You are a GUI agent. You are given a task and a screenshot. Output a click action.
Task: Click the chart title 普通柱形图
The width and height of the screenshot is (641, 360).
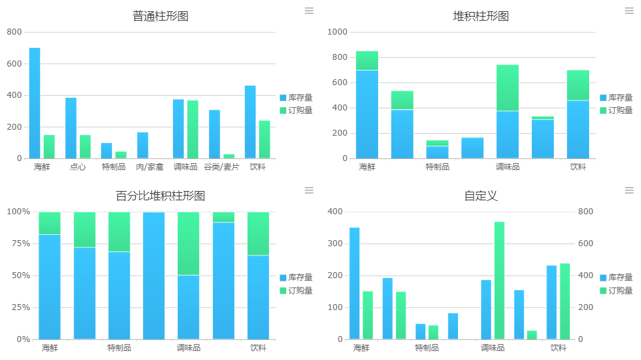point(160,16)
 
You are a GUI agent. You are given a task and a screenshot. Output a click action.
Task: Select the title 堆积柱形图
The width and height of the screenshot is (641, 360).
point(481,16)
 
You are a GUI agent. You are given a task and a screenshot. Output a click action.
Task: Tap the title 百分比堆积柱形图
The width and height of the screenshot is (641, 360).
point(160,196)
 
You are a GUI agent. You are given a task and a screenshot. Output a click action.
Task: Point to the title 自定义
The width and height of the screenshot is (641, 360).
point(481,196)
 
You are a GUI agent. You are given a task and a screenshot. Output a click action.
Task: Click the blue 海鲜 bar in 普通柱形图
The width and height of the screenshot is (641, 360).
point(35,103)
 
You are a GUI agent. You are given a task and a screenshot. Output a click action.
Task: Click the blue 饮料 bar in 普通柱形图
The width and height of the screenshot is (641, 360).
point(250,122)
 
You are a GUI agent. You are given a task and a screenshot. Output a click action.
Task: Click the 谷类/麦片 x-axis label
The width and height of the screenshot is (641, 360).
point(222,167)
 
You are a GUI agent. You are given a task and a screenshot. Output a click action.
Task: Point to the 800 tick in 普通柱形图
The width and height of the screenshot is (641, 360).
point(14,32)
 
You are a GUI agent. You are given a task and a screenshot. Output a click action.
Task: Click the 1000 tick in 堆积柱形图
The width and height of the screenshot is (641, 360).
point(338,32)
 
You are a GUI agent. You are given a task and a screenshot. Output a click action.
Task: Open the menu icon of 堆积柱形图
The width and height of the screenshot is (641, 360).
point(629,11)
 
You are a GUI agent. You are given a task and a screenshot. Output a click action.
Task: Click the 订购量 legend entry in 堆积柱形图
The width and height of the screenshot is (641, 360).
point(616,110)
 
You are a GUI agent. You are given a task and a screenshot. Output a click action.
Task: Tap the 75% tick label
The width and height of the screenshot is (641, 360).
point(19,244)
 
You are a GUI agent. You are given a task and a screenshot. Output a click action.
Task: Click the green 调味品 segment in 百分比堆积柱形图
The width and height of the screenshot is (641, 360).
point(188,244)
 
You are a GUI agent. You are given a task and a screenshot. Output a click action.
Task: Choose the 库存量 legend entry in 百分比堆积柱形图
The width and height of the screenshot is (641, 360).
point(296,277)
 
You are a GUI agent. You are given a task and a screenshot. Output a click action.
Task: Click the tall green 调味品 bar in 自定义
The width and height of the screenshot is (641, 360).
point(499,280)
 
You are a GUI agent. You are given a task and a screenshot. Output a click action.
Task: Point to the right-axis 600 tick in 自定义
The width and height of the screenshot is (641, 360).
point(585,244)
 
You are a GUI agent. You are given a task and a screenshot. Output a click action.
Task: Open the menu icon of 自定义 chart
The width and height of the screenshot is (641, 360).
point(629,190)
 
